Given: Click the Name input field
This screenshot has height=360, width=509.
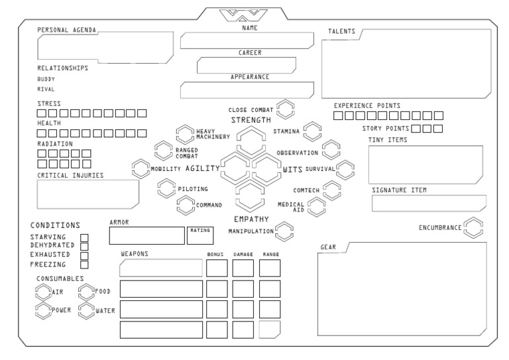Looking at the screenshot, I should (247, 40).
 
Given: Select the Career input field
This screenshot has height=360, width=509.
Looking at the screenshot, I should (246, 65).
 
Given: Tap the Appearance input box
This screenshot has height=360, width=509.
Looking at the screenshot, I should (246, 90).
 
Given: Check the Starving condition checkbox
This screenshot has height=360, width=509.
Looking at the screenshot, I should (84, 237).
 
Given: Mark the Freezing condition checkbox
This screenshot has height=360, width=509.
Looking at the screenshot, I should (84, 265).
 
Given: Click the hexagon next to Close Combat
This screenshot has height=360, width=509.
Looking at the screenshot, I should (285, 108).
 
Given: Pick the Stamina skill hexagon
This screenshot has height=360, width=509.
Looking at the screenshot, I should (312, 131).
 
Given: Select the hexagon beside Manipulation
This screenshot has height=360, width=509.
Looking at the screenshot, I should (284, 231).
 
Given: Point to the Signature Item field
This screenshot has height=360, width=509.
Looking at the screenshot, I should (428, 204).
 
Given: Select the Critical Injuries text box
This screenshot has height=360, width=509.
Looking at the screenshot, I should (87, 194).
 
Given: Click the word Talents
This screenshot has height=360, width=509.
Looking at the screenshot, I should (342, 31).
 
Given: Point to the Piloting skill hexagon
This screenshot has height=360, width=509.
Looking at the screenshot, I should (166, 189).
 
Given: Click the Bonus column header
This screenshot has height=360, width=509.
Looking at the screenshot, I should (216, 254).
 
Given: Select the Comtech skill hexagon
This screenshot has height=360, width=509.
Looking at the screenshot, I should (331, 190).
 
